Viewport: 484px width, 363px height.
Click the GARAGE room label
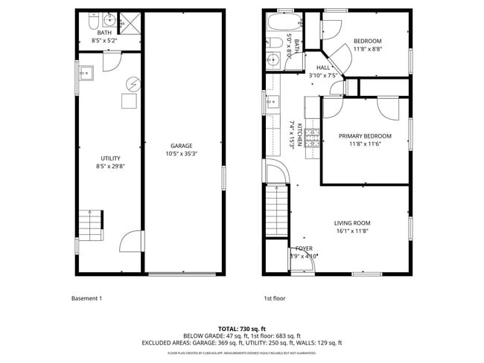point(182,146)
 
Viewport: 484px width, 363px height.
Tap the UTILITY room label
point(110,158)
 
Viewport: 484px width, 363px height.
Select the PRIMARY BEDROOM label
point(365,136)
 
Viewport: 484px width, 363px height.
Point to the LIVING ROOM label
point(352,222)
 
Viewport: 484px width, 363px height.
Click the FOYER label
point(304,248)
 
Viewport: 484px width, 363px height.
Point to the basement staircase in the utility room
point(92,221)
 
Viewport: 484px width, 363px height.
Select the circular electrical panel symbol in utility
point(132,84)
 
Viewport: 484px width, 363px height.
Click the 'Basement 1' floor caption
point(86,299)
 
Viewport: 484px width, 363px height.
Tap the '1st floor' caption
point(274,299)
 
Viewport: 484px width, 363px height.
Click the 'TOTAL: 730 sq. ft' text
point(241,328)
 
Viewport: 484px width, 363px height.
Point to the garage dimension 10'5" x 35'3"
point(182,154)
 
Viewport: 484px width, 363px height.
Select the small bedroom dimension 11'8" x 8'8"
point(367,49)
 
